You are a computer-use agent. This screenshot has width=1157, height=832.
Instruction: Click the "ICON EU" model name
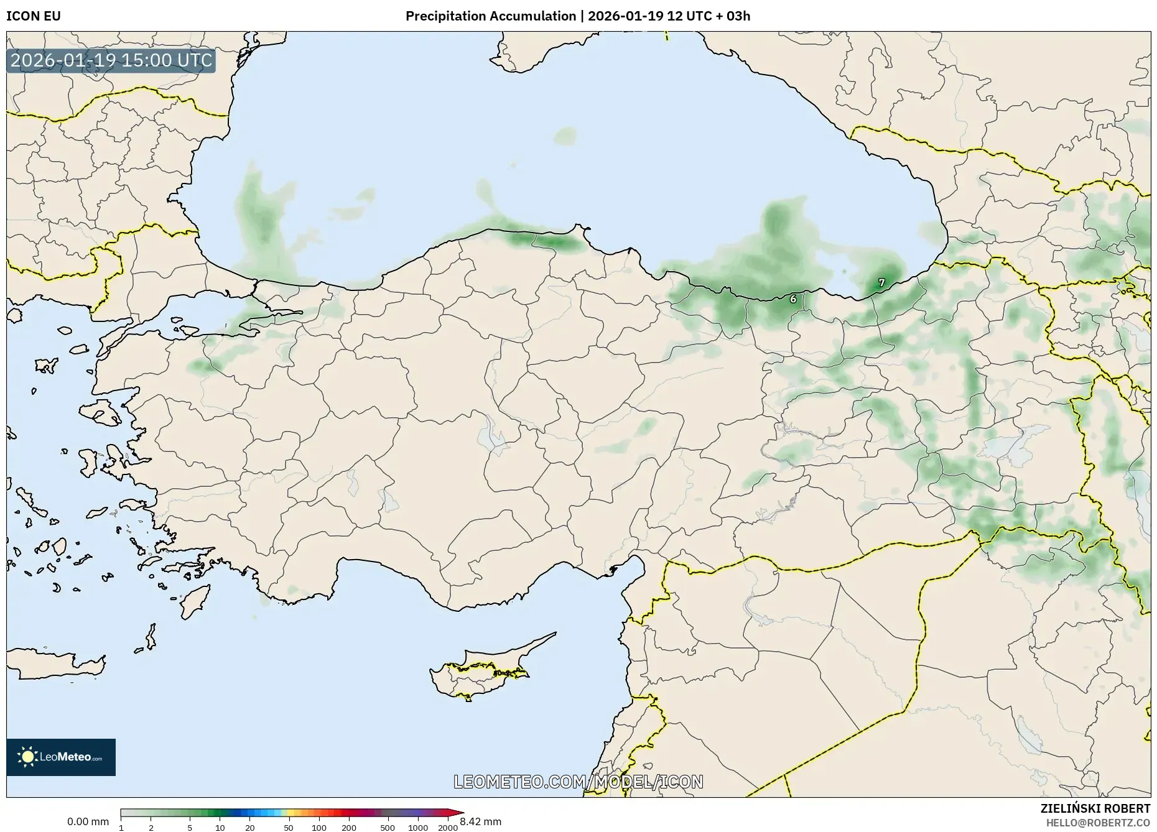coord(34,16)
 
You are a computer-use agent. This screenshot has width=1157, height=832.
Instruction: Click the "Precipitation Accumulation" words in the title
coord(490,16)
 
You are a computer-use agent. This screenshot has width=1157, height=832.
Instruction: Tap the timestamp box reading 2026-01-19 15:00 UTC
coord(111,61)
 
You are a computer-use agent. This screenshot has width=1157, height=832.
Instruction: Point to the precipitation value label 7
coord(881,283)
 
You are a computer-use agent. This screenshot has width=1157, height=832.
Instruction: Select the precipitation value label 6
coord(793,299)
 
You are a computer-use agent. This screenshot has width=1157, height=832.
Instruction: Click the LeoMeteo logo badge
coord(61,757)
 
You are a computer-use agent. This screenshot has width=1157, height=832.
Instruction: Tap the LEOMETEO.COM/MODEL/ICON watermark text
coord(578,782)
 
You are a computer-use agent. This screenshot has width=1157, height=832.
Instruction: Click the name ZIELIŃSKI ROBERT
coord(1095,808)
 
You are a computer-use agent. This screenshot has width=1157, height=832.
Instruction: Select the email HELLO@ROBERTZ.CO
coord(1098,823)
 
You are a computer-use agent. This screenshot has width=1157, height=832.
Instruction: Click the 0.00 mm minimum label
coord(88,821)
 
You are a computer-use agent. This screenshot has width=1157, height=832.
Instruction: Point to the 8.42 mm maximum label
coord(481,821)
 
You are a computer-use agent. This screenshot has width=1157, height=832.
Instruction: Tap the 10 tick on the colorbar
coord(220,828)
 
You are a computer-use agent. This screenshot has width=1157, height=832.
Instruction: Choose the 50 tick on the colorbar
coord(289,828)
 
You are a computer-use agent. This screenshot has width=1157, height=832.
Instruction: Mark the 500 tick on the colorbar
coord(388,828)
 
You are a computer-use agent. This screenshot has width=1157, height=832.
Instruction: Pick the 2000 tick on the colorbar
coord(448,828)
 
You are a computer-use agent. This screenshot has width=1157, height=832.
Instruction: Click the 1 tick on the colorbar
coord(121,828)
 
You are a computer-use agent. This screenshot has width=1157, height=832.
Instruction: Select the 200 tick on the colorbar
coord(349,828)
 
